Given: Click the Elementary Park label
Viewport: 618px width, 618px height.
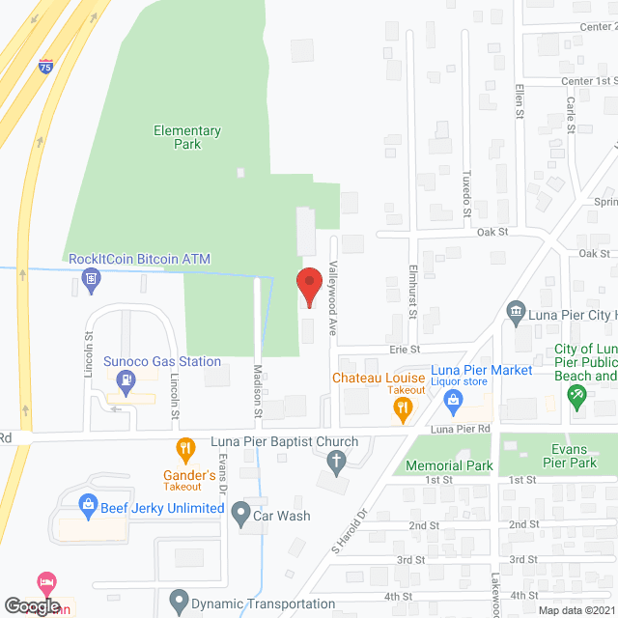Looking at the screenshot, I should click(187, 137).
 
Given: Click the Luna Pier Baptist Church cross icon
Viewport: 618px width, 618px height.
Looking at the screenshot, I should click(336, 464).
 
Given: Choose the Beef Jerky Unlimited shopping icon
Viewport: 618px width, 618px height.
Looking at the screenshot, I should click(87, 505).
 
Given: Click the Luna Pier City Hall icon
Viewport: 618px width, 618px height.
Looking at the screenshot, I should click(516, 311).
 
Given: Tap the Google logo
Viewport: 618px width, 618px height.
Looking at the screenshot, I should click(31, 605).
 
